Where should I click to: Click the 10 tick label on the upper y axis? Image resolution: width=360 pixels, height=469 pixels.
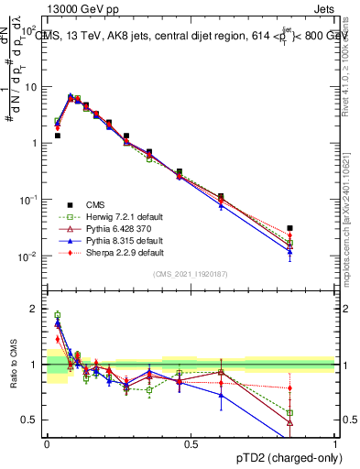(31, 87)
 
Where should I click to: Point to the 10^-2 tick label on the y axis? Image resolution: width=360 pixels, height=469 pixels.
(28, 256)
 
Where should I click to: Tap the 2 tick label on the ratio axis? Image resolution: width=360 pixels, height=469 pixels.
(35, 309)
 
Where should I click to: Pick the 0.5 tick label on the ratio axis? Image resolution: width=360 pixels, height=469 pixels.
(30, 420)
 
